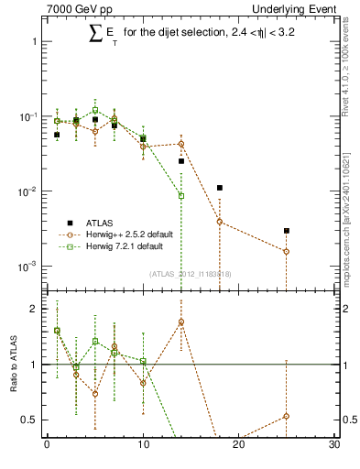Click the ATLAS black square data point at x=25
tap(287, 231)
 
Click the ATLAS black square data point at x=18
tap(220, 188)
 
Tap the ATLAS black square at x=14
tap(181, 161)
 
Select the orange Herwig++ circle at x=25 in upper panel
tap(287, 251)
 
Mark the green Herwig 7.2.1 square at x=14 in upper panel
tap(181, 195)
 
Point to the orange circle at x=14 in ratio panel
tap(181, 322)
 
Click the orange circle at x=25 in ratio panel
tap(287, 416)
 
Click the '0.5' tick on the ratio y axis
tap(27, 420)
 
